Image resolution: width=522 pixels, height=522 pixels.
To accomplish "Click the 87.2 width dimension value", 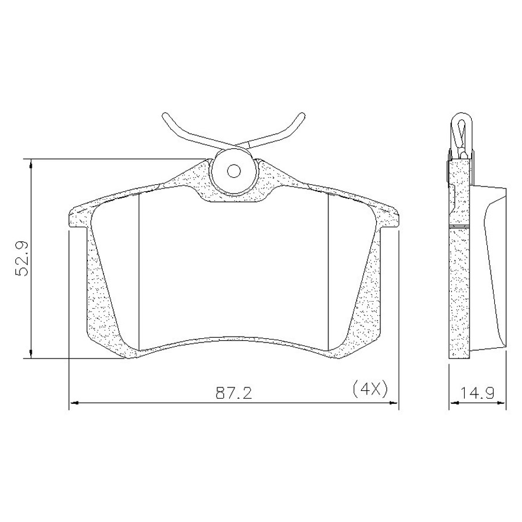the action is click(233, 393).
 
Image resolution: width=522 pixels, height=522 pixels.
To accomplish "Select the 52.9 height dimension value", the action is click(23, 258).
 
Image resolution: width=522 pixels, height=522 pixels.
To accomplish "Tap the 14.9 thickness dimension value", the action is click(477, 393).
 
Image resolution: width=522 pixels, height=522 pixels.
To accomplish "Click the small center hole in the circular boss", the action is click(233, 171).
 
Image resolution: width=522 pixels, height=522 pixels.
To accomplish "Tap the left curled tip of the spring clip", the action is click(166, 117).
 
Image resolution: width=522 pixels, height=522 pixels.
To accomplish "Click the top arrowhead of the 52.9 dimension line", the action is click(31, 163).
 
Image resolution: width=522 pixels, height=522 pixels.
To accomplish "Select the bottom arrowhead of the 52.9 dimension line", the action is click(31, 354).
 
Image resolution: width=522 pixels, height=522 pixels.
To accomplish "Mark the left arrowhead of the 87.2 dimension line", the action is click(74, 403).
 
